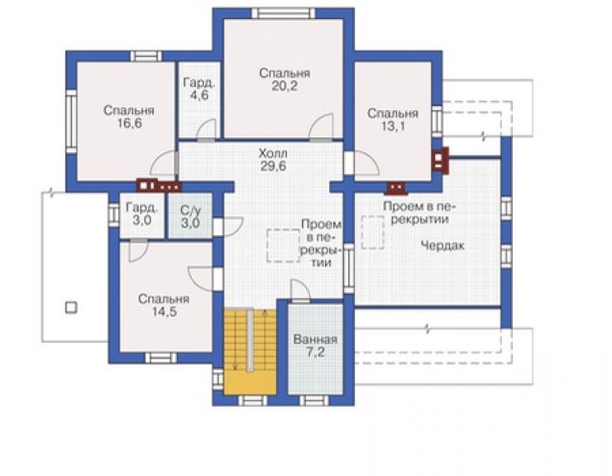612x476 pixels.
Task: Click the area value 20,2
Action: coord(284,86)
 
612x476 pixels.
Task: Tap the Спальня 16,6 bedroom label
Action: coord(129,117)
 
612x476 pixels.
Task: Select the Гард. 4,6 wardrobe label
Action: coord(199,89)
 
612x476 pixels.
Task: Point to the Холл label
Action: coord(273,153)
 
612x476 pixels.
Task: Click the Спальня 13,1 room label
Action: coord(393,119)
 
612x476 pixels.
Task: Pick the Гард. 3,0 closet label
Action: coord(142,214)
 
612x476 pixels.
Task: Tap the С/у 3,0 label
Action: coord(190,217)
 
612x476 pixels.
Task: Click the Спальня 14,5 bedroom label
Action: coord(164,305)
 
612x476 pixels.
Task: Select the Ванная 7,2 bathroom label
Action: coord(315,346)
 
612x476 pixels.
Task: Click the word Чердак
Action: coord(443,246)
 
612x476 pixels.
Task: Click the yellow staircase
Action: coord(251,352)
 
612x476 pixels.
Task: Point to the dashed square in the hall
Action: coord(284,245)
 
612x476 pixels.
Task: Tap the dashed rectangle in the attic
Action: coord(373,232)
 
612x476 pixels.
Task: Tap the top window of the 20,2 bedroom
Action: coord(284,13)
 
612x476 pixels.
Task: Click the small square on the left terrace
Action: coord(71,308)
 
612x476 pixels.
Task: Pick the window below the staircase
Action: coord(252,400)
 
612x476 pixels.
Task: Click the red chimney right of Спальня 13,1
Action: coord(440,160)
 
